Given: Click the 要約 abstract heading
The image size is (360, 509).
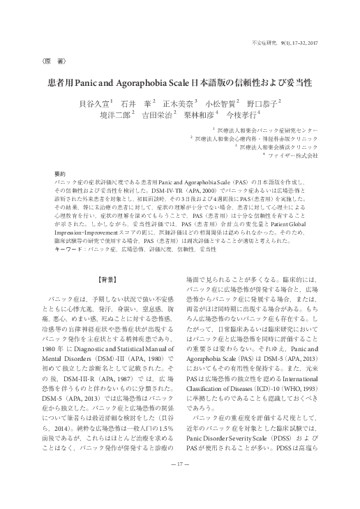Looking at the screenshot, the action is pyautogui.click(x=60, y=172).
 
